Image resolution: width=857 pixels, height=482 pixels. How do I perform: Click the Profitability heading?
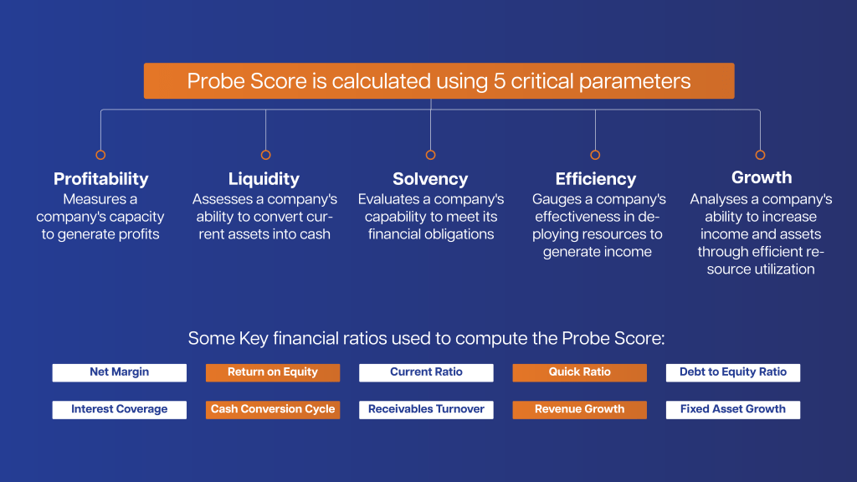[100, 179]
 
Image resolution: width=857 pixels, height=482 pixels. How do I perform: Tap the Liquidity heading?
[264, 179]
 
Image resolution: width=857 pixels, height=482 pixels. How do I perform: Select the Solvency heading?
[430, 179]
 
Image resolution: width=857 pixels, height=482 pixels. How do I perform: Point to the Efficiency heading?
[595, 179]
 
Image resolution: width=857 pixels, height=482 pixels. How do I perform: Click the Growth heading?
[761, 177]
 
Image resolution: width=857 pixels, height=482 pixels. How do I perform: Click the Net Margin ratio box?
[119, 372]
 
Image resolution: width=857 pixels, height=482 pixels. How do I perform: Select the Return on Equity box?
[273, 372]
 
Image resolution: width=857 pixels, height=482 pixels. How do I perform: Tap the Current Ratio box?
[426, 372]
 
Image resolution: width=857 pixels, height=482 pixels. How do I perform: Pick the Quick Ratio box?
[579, 372]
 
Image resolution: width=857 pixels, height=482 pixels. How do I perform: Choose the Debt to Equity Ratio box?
[733, 372]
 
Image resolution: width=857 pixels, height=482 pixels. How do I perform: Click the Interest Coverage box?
[119, 409]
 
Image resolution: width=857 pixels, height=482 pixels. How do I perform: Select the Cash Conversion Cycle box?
[273, 409]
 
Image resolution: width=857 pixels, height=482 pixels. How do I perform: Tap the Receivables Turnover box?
[426, 409]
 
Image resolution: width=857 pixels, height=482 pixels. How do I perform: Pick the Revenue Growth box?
[579, 409]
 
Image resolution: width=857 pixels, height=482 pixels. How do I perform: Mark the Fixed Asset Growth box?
[733, 409]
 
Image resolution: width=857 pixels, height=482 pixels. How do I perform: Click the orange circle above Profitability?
[100, 155]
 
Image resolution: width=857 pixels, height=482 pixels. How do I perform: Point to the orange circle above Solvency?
[430, 155]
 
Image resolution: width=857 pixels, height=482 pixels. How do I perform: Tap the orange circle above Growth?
[760, 155]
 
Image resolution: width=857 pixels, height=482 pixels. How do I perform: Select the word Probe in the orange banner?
[215, 81]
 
